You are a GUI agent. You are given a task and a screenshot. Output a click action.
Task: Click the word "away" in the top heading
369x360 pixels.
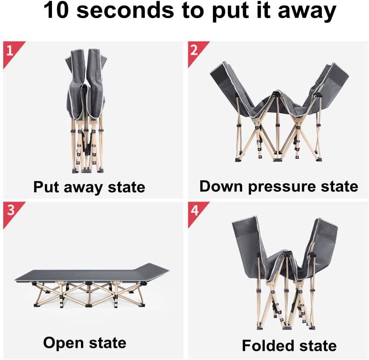pyautogui.click(x=307, y=12)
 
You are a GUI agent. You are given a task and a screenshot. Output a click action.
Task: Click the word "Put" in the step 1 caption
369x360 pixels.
pyautogui.click(x=46, y=187)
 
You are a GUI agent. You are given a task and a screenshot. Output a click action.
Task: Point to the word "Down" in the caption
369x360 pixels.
pyautogui.click(x=221, y=186)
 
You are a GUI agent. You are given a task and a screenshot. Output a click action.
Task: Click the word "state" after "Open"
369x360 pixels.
pyautogui.click(x=107, y=343)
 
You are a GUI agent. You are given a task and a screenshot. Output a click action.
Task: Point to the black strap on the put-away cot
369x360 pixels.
pyautogui.click(x=87, y=143)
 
